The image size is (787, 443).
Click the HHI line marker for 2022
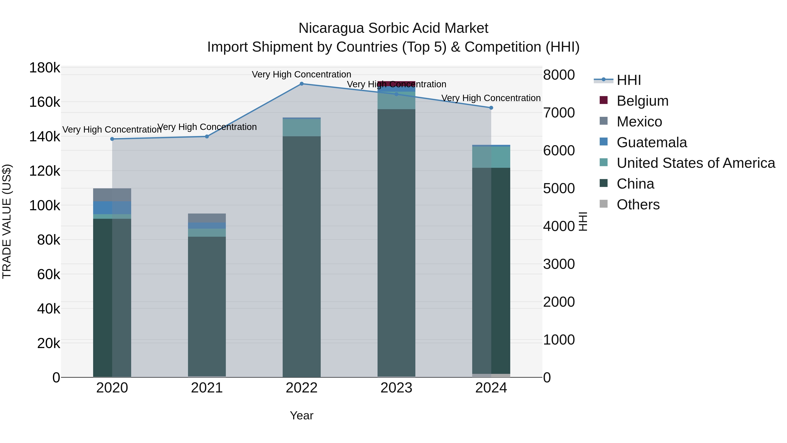301,84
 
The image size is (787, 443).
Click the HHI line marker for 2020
112,139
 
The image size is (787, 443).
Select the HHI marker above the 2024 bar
491,108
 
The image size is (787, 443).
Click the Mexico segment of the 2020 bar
112,195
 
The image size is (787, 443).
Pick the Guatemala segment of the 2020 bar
112,208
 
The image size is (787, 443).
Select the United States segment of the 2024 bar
491,157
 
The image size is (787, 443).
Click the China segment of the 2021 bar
207,306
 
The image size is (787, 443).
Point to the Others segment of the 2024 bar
491,375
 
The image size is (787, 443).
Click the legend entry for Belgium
642,101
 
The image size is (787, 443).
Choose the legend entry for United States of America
696,163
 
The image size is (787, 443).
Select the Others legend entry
638,205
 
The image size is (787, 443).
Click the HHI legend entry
629,80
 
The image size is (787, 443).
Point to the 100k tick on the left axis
45,206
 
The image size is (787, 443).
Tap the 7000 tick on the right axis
559,113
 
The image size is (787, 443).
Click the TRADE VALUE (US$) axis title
7,221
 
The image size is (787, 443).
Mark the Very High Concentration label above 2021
207,127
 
